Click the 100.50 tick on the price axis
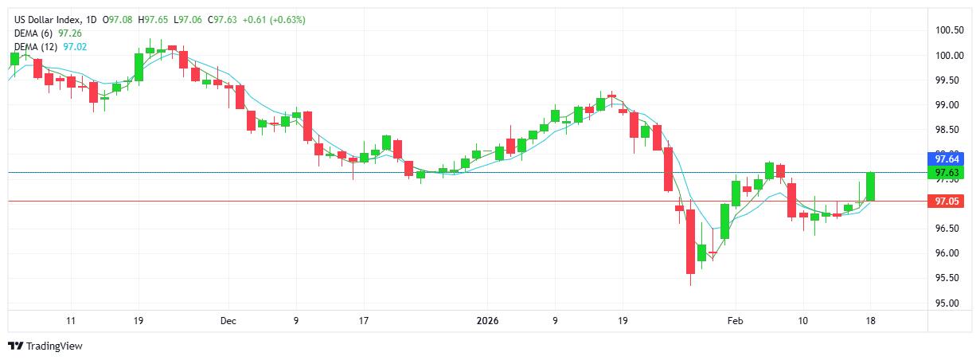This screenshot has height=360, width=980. [x=950, y=30]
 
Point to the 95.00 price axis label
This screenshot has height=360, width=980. [x=947, y=303]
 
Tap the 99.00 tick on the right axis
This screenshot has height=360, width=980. [x=947, y=105]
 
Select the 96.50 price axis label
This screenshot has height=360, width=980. [x=947, y=229]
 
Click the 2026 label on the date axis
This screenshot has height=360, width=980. [x=487, y=321]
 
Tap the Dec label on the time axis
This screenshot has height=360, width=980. [x=228, y=321]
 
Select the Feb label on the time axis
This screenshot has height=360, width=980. [x=735, y=321]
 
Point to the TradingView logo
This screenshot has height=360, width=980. [x=45, y=346]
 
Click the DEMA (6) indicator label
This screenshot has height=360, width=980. [x=34, y=33]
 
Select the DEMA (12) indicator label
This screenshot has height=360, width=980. [x=37, y=46]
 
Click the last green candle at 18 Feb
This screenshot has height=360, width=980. [x=871, y=186]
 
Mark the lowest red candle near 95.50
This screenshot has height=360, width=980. [x=690, y=241]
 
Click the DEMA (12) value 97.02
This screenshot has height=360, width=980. [x=76, y=46]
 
